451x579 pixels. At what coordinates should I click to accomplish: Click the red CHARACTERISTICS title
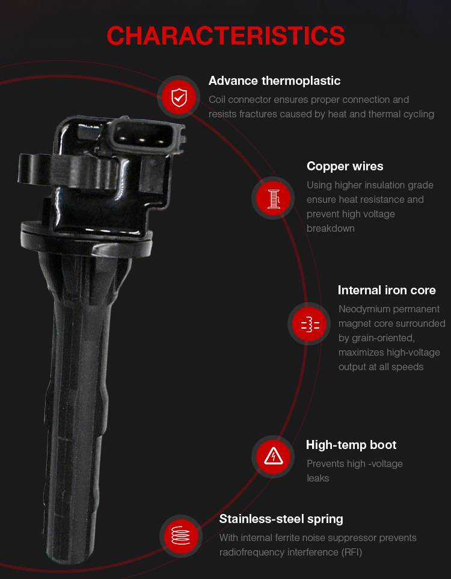[x=226, y=36]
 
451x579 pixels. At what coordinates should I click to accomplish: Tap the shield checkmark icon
[x=179, y=97]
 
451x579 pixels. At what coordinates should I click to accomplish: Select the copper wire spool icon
[x=273, y=198]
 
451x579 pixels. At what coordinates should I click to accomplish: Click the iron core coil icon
[x=310, y=324]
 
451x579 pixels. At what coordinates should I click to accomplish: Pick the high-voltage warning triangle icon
[x=274, y=457]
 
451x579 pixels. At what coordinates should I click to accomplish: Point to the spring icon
[x=181, y=536]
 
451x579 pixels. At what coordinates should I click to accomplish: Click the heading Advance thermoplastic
[x=274, y=81]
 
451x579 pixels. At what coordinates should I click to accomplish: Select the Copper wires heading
[x=345, y=166]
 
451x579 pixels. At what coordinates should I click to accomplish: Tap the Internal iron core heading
[x=387, y=290]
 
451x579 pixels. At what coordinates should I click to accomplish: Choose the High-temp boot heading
[x=351, y=445]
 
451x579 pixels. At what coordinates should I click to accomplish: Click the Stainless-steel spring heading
[x=281, y=519]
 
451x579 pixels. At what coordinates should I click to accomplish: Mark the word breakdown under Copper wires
[x=331, y=229]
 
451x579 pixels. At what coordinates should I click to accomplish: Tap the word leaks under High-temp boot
[x=318, y=478]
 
